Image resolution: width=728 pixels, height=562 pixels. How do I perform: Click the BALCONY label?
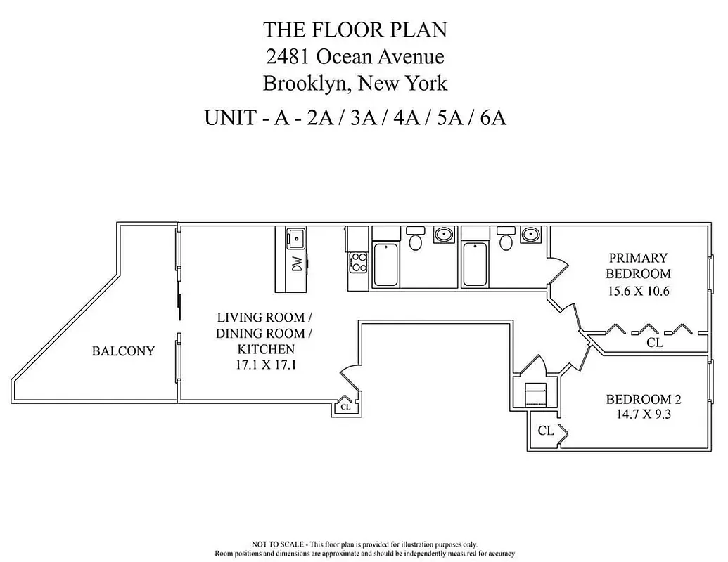click(123, 351)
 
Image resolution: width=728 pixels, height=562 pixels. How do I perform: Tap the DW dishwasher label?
click(297, 265)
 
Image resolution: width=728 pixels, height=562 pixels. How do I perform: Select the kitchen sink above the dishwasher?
click(295, 239)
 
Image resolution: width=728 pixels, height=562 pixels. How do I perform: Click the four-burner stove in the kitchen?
click(359, 262)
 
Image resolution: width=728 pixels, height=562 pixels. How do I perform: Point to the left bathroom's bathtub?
click(386, 263)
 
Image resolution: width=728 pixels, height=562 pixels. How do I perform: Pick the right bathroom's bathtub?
click(476, 263)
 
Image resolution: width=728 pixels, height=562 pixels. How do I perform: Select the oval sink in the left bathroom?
click(443, 235)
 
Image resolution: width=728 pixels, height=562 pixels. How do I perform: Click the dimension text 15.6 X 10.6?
click(638, 290)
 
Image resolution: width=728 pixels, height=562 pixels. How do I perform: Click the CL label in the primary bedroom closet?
click(654, 343)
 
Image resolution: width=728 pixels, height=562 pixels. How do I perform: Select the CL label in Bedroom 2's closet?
click(546, 431)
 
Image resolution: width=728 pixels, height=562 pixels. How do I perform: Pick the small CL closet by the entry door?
click(345, 406)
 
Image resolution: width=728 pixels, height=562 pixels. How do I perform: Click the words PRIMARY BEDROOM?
click(638, 266)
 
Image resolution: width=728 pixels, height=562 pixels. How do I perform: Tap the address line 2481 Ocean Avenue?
click(355, 56)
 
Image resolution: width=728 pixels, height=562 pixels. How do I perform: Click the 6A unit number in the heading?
click(492, 117)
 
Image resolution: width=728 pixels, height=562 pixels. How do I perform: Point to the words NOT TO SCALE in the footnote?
click(278, 544)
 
